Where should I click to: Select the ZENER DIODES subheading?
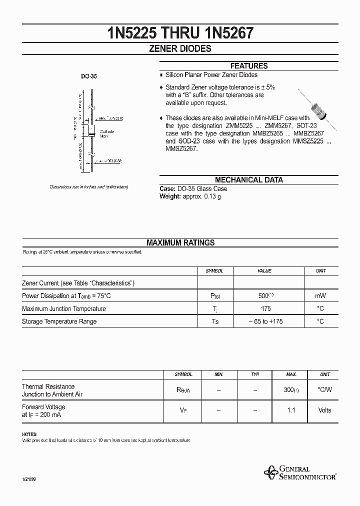point(180,49)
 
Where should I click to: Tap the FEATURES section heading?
point(248,66)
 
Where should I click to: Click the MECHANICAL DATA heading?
point(248,180)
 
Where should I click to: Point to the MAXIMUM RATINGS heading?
point(180,242)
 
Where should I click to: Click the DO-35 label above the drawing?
point(89,77)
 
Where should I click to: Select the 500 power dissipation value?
point(262,296)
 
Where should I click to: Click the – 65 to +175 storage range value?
point(265,321)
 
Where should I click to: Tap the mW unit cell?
point(320,296)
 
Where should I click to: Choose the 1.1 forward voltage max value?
point(291,410)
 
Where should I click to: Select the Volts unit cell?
point(324,410)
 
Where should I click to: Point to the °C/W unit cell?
point(324,390)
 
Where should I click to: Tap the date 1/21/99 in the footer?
point(29,480)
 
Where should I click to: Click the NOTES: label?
point(29,434)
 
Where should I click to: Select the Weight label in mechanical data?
point(169,196)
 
